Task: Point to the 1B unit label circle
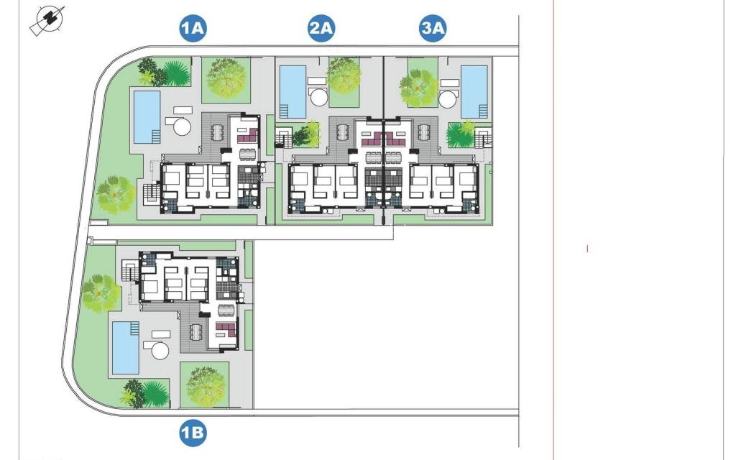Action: [193, 433]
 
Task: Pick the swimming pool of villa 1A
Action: [147, 116]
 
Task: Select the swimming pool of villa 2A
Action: [291, 92]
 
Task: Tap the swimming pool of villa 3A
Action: [474, 91]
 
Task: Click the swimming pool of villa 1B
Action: [126, 347]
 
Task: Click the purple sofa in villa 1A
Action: [247, 134]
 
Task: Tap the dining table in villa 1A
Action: [247, 153]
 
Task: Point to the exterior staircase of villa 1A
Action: [151, 193]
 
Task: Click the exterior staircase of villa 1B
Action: [130, 272]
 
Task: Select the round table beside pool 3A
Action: [449, 97]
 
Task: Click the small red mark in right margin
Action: [587, 249]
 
